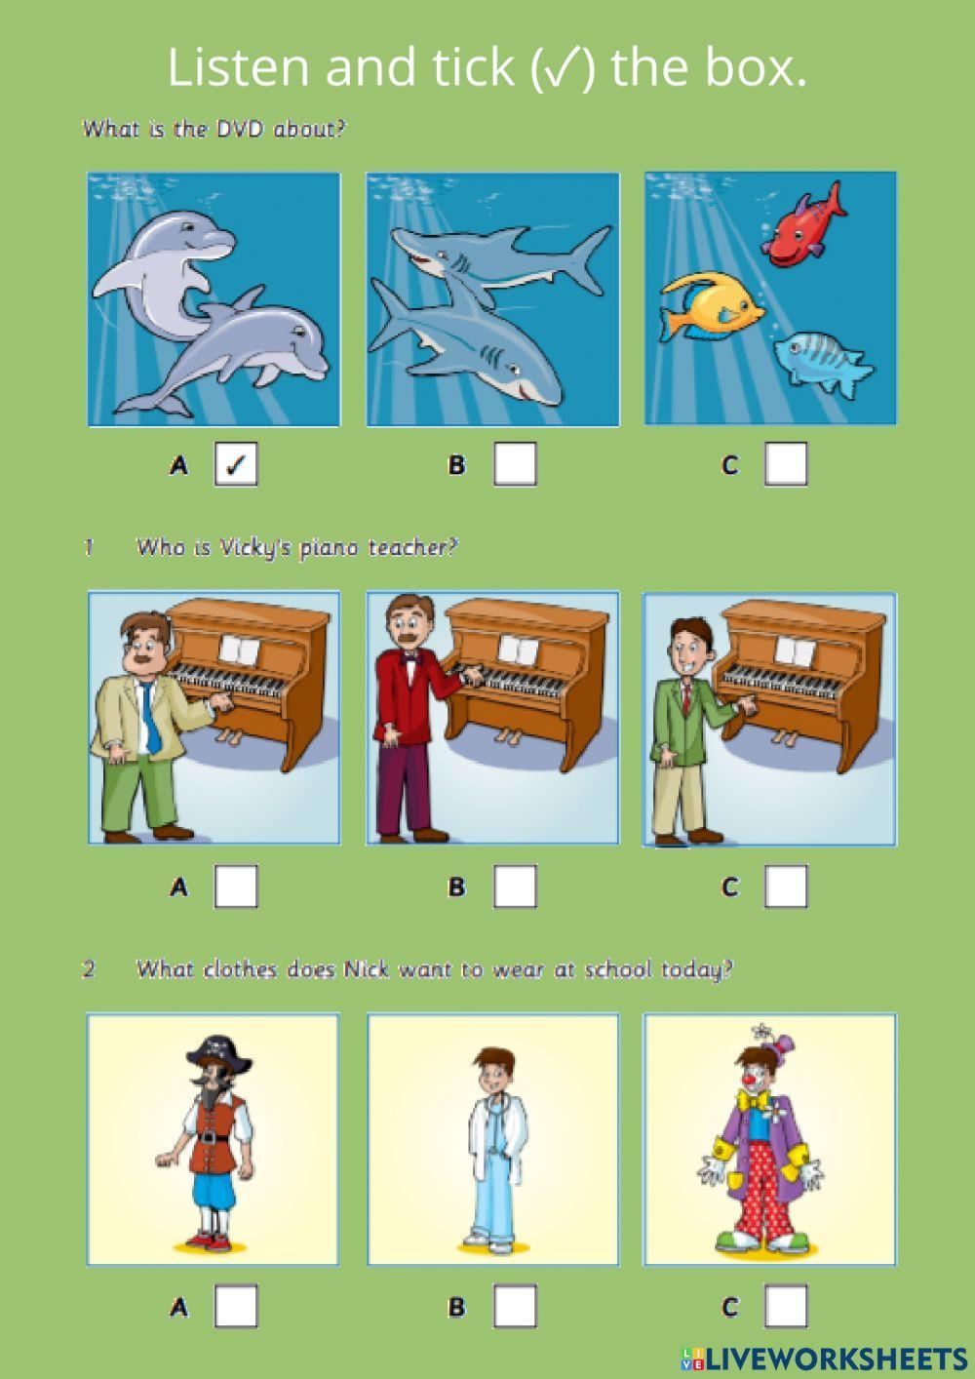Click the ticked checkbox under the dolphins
[x=235, y=464]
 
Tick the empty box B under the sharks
[x=514, y=464]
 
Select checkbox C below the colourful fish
[x=785, y=464]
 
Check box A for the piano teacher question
[x=235, y=886]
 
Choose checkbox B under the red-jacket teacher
[x=514, y=886]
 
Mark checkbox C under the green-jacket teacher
[x=785, y=886]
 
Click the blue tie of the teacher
[x=149, y=717]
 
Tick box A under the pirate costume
[x=235, y=1306]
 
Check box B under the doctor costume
[x=514, y=1306]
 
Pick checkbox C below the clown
[x=785, y=1306]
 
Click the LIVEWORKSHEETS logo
[x=824, y=1359]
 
